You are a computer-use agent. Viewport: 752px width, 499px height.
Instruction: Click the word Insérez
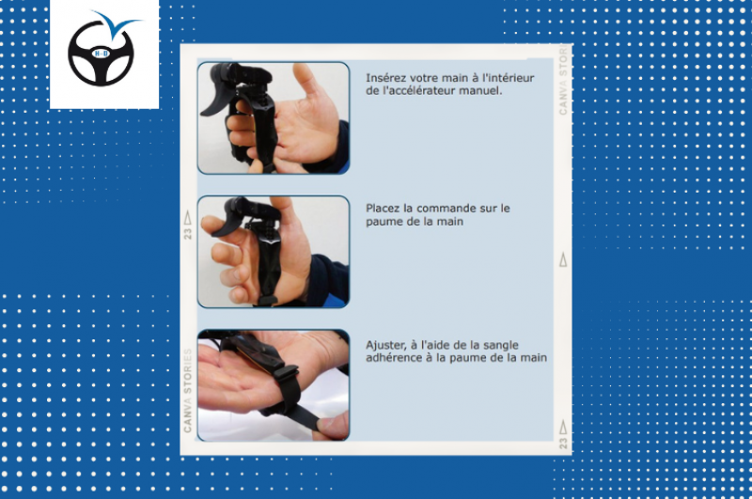386,77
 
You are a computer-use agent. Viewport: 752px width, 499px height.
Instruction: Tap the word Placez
384,208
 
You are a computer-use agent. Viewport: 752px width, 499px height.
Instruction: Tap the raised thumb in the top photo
306,81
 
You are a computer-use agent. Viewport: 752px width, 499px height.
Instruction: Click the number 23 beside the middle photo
188,231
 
